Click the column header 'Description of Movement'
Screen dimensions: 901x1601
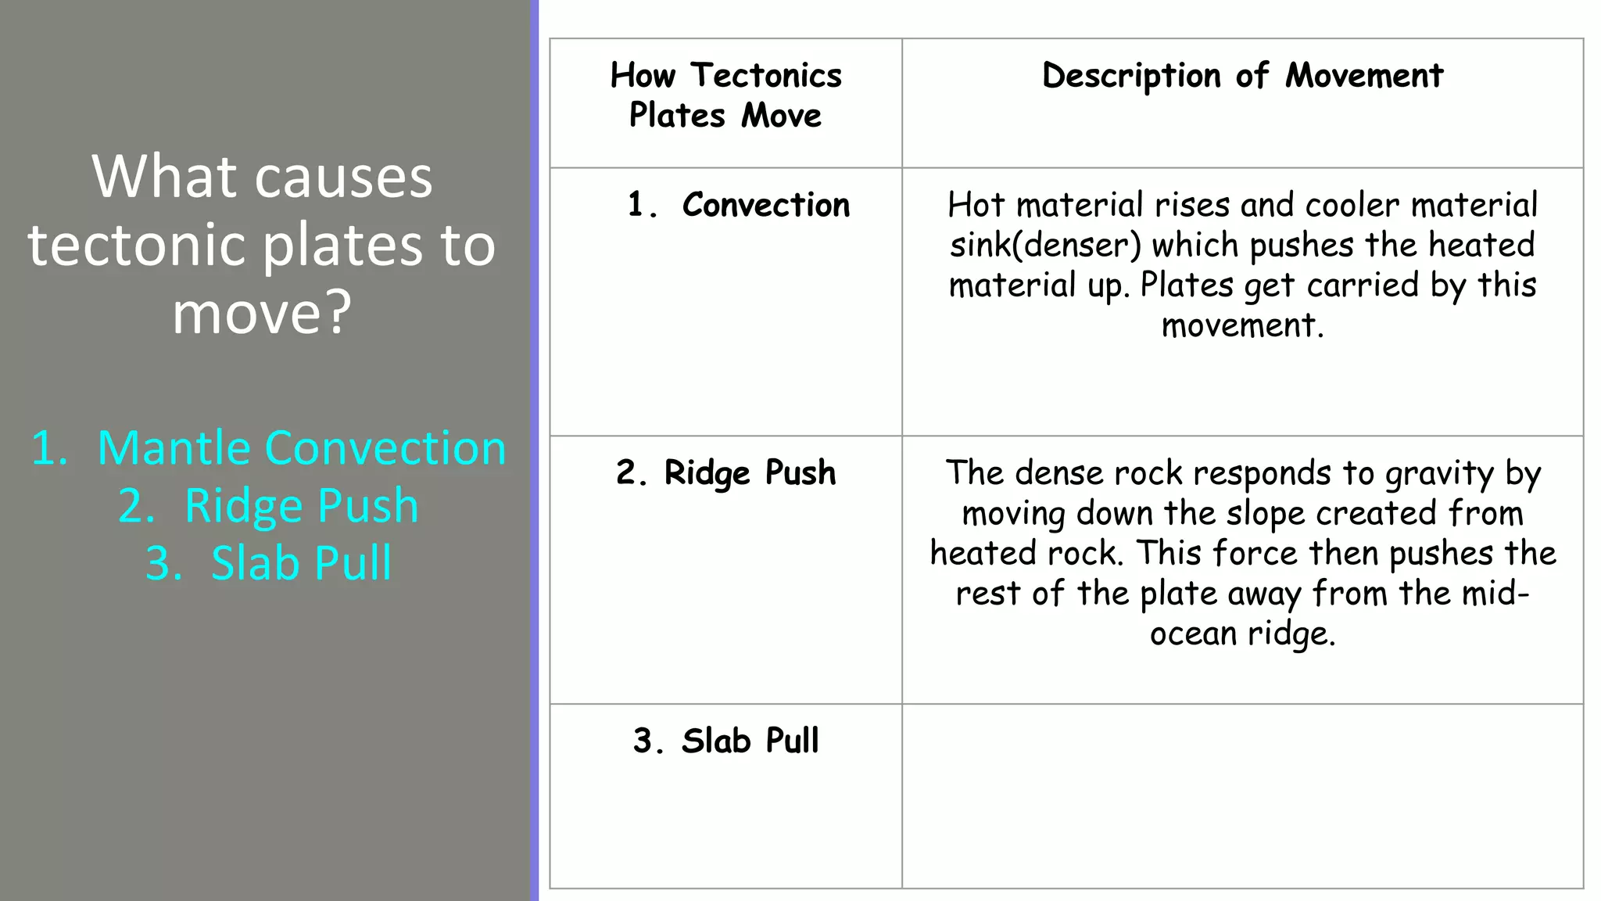(1242, 76)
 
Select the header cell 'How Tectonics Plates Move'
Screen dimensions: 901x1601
(725, 95)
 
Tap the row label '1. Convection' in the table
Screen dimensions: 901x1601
(739, 205)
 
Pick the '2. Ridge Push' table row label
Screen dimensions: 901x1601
(725, 473)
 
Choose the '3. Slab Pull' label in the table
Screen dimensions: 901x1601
(725, 741)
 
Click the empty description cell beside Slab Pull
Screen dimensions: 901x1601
(1242, 795)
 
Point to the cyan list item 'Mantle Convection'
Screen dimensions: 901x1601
(301, 448)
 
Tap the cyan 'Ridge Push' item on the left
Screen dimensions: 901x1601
(301, 505)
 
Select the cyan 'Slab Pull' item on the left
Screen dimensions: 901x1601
(301, 562)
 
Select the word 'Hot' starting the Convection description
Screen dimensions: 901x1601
(976, 205)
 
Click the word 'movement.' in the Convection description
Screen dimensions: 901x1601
(1242, 325)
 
